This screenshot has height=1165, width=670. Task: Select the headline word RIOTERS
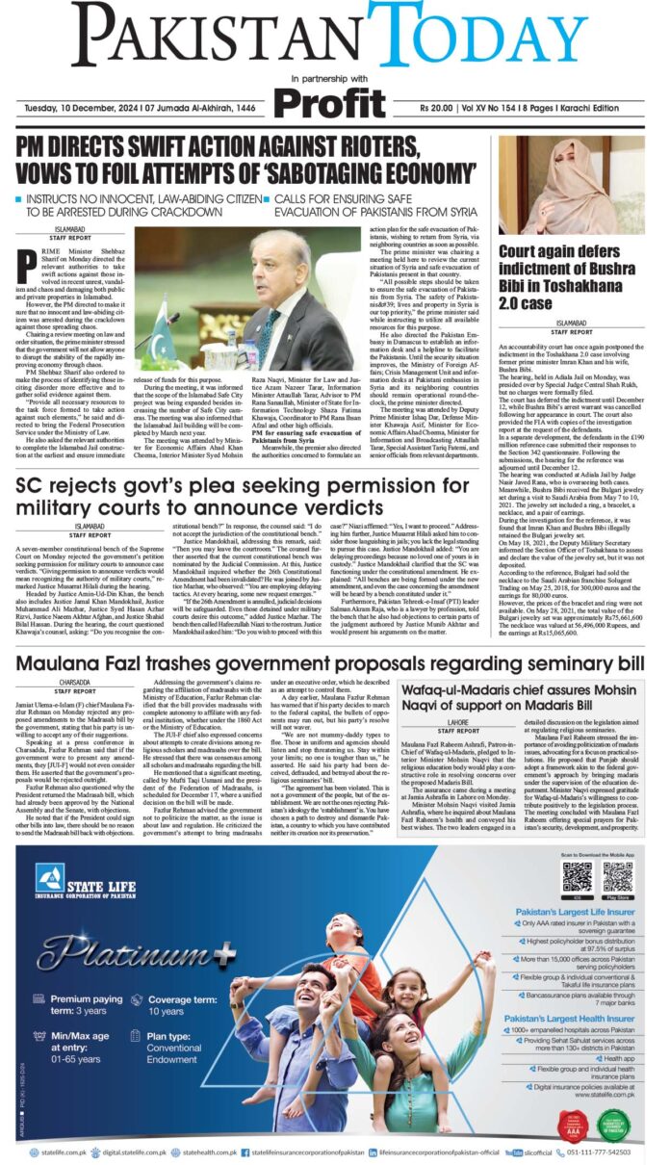411,146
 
